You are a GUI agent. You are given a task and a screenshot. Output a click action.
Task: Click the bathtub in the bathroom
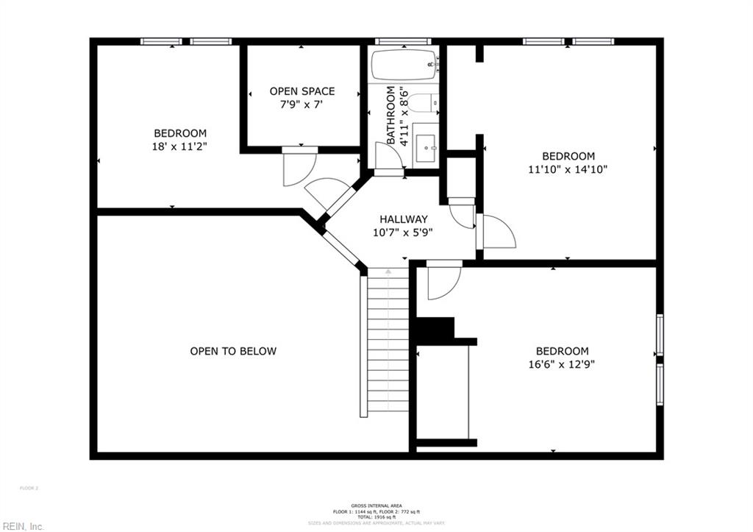(404, 65)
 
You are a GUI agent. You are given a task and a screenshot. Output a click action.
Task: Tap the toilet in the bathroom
(420, 104)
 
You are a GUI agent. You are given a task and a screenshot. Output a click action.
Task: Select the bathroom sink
(425, 148)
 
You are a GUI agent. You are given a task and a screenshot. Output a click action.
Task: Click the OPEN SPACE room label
(301, 91)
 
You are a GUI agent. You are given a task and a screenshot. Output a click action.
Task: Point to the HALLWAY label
(403, 219)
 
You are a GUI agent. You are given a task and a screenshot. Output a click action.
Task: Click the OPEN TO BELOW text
(233, 351)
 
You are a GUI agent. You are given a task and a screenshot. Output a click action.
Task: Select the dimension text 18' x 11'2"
(179, 146)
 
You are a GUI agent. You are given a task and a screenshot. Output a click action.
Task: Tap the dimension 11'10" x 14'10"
(568, 169)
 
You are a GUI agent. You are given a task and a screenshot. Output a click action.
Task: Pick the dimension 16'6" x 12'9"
(562, 364)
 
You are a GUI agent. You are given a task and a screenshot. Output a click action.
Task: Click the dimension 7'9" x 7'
(301, 105)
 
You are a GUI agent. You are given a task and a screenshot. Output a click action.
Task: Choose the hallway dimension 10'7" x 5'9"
(403, 233)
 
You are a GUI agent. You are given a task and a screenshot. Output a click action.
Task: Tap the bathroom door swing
(385, 156)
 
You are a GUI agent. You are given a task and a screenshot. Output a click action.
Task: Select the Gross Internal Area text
(376, 506)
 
